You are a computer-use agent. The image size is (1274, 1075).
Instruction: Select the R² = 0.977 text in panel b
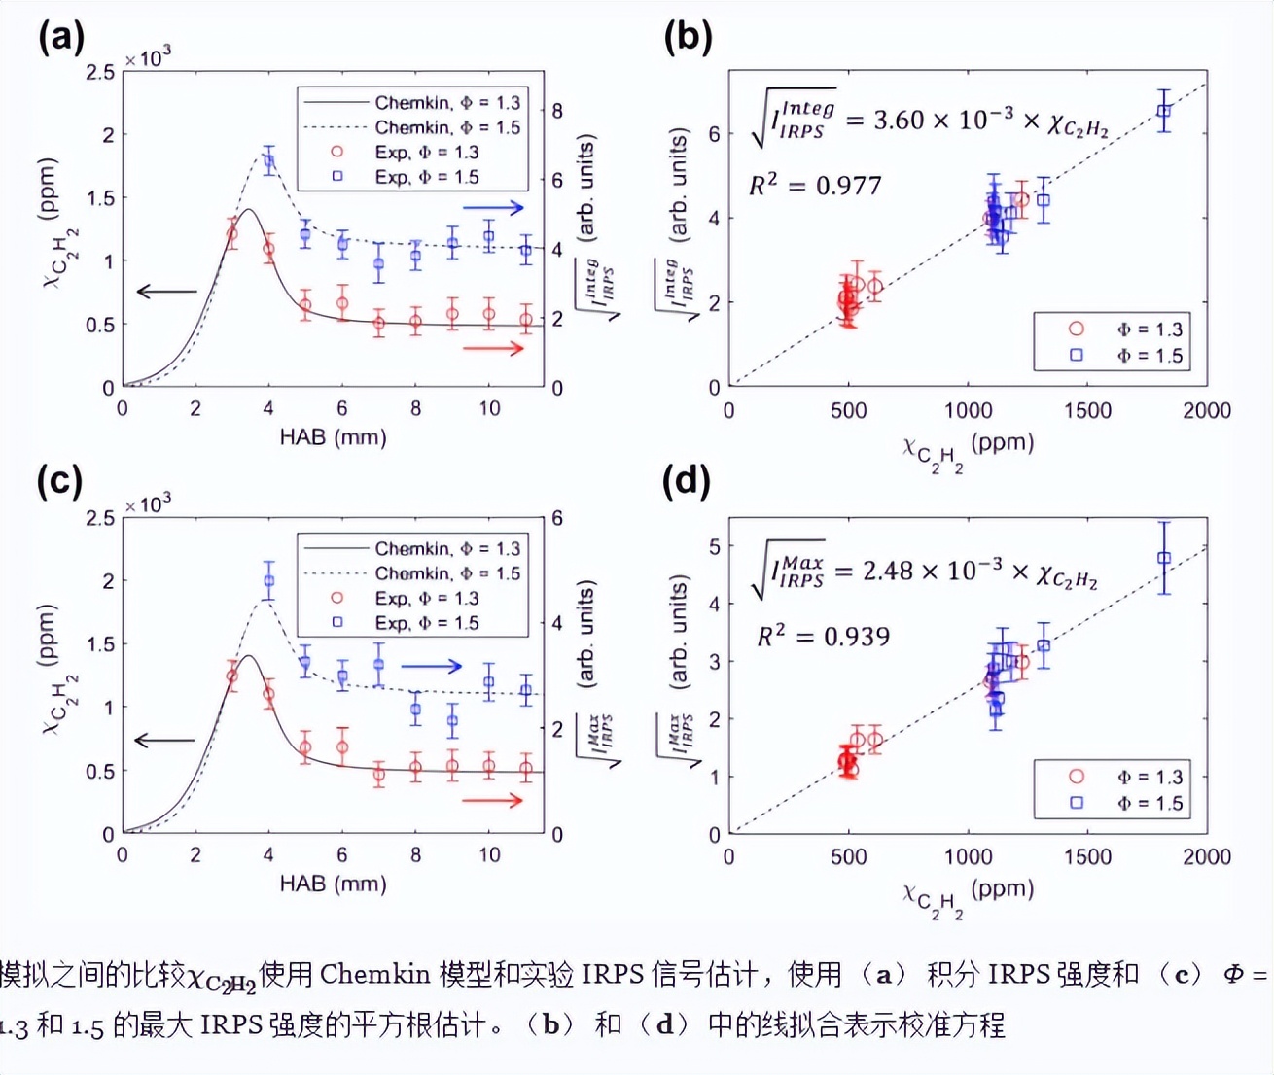click(815, 185)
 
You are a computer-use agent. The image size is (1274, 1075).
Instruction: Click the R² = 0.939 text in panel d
click(824, 637)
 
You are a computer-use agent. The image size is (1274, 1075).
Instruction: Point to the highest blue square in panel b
click(1163, 111)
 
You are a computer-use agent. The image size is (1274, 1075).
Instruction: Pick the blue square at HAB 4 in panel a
click(269, 161)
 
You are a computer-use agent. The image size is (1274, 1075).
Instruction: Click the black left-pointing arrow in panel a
click(166, 292)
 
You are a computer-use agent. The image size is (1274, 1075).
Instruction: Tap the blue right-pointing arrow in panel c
click(432, 666)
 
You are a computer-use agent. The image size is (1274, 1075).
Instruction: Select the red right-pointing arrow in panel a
click(494, 348)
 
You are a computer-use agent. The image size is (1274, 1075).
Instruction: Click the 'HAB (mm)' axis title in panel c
click(333, 884)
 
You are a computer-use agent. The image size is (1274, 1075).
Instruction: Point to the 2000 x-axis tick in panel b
click(1207, 411)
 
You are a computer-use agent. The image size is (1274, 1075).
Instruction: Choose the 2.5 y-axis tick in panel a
click(100, 72)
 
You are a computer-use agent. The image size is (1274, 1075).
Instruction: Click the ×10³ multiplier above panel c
click(148, 504)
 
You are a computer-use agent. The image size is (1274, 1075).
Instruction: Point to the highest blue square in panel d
click(1164, 558)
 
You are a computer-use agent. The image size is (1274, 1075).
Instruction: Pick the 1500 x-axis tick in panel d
click(1087, 857)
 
